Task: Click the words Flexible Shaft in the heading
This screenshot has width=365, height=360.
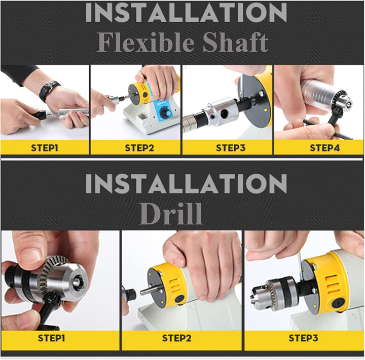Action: coord(182,43)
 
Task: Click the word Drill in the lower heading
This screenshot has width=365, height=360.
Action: coord(170,214)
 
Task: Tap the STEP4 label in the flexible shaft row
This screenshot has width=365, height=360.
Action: coord(325,148)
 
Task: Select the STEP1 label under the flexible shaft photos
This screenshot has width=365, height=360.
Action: coord(45,148)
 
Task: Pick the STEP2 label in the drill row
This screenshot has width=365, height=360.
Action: coord(177,338)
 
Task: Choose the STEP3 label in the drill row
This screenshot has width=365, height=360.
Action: coord(303,338)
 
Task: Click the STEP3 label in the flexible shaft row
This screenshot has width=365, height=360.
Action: coord(231,148)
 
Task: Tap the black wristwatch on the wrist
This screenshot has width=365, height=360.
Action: coord(49,91)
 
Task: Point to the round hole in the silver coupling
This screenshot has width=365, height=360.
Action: coord(225,113)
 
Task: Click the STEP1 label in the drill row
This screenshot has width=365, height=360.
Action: coord(51,338)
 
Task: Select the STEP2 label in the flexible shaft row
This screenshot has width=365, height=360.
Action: coord(139,148)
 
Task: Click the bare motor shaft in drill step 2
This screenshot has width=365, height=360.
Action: coord(149,291)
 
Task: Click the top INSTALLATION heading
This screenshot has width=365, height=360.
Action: coord(186,13)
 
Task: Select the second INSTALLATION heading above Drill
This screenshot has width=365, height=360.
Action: coord(186,183)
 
